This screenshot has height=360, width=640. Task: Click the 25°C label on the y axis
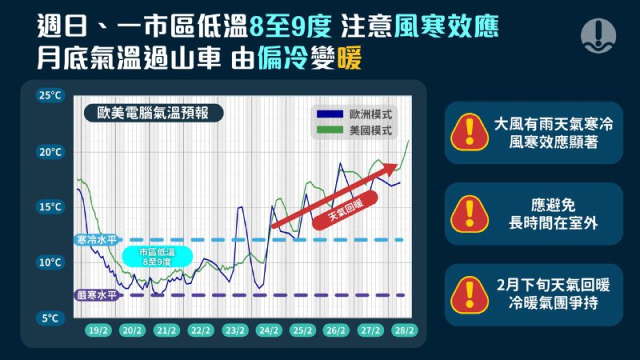click(50, 95)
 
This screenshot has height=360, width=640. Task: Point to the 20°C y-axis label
click(50, 152)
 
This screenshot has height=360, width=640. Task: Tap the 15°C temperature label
click(50, 207)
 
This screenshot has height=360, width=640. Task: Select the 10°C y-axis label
click(50, 262)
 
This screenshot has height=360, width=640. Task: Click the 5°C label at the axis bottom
click(50, 318)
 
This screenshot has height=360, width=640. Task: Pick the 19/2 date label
click(98, 330)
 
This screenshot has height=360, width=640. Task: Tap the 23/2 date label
click(235, 330)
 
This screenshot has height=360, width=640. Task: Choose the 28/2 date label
click(404, 330)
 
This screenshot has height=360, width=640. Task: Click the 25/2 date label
click(302, 330)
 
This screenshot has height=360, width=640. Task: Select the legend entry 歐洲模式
click(354, 114)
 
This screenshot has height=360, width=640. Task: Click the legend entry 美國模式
click(354, 130)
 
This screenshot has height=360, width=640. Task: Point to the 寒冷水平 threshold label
click(97, 239)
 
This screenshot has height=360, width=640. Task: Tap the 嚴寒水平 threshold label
click(97, 294)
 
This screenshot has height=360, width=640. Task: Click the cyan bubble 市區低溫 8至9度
click(157, 257)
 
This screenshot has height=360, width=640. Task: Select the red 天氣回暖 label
click(346, 210)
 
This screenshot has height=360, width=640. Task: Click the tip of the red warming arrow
click(398, 164)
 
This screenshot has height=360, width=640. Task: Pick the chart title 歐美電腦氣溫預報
click(153, 113)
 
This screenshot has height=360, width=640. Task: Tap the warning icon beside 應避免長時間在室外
click(470, 214)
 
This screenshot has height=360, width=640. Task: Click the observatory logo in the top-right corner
click(598, 35)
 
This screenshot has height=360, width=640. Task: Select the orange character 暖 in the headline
click(350, 58)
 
